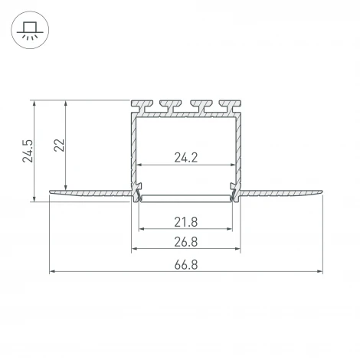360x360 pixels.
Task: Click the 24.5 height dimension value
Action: click(28, 150)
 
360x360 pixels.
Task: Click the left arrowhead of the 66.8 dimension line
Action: click(52, 270)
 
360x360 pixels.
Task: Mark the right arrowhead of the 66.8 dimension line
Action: click(319, 270)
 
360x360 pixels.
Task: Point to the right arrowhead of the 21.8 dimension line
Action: click(231, 229)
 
